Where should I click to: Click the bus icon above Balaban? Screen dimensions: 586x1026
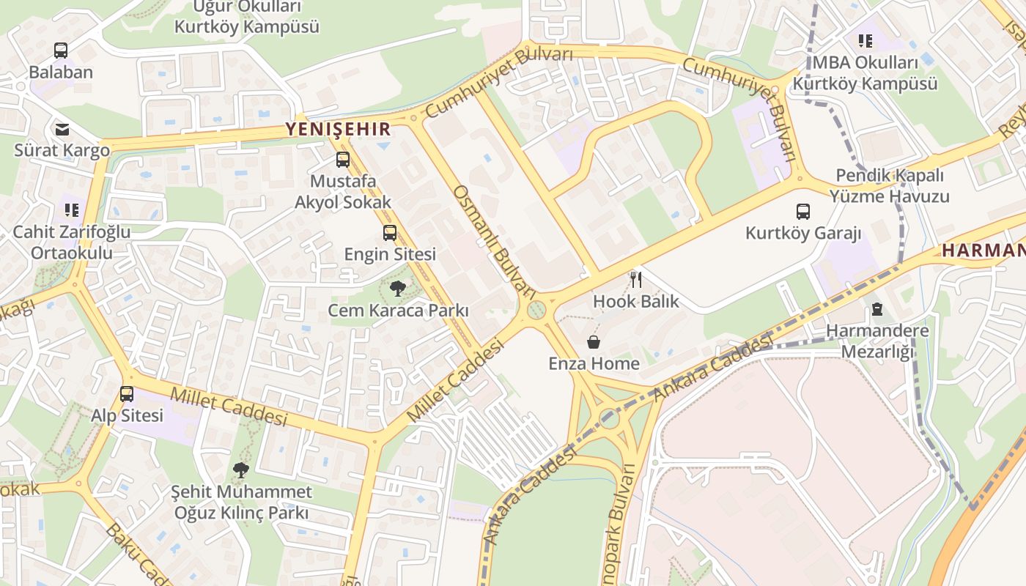pyautogui.click(x=61, y=51)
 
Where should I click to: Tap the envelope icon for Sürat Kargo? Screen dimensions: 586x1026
pyautogui.click(x=62, y=130)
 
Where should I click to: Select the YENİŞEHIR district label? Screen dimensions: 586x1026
pyautogui.click(x=338, y=130)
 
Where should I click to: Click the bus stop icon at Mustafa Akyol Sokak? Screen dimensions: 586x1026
pyautogui.click(x=342, y=160)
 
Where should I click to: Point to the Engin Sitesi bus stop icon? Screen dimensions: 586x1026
pyautogui.click(x=390, y=233)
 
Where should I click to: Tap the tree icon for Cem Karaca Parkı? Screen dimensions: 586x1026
pyautogui.click(x=398, y=289)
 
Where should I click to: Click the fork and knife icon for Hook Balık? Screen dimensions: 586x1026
pyautogui.click(x=636, y=280)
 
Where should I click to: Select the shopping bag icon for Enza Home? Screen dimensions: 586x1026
pyautogui.click(x=594, y=342)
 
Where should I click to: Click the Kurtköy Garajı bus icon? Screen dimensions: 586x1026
pyautogui.click(x=803, y=212)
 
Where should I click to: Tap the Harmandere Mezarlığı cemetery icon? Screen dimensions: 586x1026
pyautogui.click(x=877, y=308)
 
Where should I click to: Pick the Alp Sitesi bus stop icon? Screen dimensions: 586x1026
pyautogui.click(x=127, y=394)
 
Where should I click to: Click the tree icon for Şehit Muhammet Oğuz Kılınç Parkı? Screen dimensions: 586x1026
pyautogui.click(x=240, y=470)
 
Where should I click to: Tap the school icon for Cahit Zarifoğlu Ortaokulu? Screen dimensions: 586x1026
pyautogui.click(x=71, y=210)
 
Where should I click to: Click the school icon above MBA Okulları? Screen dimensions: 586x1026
pyautogui.click(x=866, y=41)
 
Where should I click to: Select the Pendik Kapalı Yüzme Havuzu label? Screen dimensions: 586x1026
pyautogui.click(x=889, y=186)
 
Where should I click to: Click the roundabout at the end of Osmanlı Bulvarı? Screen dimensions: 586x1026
pyautogui.click(x=537, y=311)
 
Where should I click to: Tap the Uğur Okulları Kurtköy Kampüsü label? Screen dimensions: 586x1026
pyautogui.click(x=246, y=18)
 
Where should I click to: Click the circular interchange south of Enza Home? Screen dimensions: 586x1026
pyautogui.click(x=608, y=418)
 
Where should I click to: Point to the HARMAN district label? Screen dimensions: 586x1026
pyautogui.click(x=983, y=250)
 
